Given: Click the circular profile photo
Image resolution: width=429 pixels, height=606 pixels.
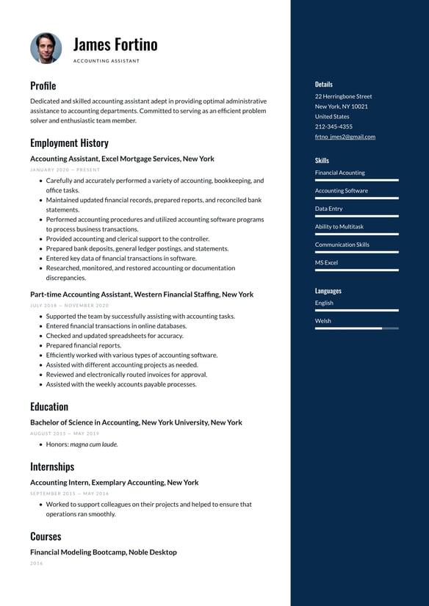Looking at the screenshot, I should [x=46, y=48].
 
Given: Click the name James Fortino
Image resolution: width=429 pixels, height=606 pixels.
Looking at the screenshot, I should [x=115, y=44].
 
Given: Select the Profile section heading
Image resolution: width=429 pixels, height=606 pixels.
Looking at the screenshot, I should [x=43, y=86].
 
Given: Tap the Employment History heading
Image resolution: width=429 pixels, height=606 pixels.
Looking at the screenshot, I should [x=69, y=143].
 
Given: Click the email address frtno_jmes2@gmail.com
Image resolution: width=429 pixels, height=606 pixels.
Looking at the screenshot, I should [x=345, y=137].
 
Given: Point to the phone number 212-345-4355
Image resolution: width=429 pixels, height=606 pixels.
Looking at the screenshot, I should [x=334, y=126].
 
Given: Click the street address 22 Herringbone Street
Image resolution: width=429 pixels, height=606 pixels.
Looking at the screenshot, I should [x=343, y=96].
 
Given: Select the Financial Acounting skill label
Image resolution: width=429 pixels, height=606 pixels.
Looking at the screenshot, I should [x=339, y=173].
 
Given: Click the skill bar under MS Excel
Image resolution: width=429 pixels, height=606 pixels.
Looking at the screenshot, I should [x=356, y=270].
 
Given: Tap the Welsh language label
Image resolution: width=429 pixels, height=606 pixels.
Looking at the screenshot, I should [x=322, y=321].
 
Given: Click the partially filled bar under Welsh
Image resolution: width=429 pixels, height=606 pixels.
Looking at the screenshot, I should [x=356, y=328].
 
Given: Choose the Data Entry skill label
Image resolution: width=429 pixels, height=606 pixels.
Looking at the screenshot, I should [x=328, y=209].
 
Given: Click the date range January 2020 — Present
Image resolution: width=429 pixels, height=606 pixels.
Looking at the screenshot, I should [x=65, y=170].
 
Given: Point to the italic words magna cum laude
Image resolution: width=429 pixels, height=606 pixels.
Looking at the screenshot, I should [x=94, y=444].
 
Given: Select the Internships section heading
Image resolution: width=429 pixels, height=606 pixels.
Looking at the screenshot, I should [x=52, y=466].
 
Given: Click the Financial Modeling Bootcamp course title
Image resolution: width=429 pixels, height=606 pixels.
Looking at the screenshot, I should [x=103, y=552].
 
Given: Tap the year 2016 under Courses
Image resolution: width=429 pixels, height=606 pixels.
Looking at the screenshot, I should [x=37, y=563].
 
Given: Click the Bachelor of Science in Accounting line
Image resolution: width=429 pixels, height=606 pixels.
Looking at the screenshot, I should [x=136, y=422].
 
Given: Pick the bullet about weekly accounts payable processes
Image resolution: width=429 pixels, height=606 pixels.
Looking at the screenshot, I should [x=121, y=384].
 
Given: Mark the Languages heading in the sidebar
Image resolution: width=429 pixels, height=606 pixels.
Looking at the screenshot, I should [x=328, y=291].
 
